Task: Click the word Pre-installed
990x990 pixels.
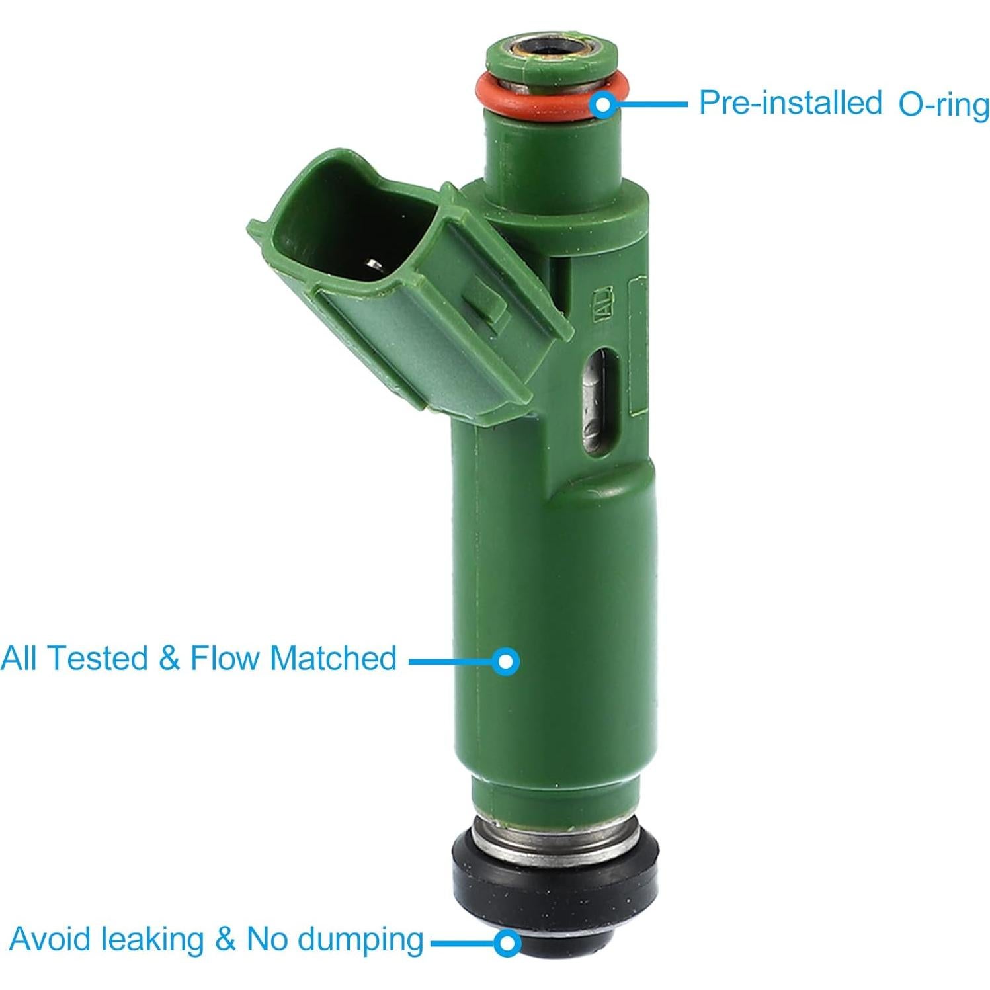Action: (x=790, y=104)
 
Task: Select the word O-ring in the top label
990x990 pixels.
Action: (x=943, y=106)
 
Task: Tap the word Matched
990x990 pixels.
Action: (x=333, y=659)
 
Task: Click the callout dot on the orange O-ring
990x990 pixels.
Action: (x=602, y=104)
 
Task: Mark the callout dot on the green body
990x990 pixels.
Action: (x=506, y=661)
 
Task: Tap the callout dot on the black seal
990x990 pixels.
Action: (x=506, y=942)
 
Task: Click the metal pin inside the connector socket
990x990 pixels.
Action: (x=374, y=266)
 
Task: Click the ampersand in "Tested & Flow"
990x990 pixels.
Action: (x=169, y=659)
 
